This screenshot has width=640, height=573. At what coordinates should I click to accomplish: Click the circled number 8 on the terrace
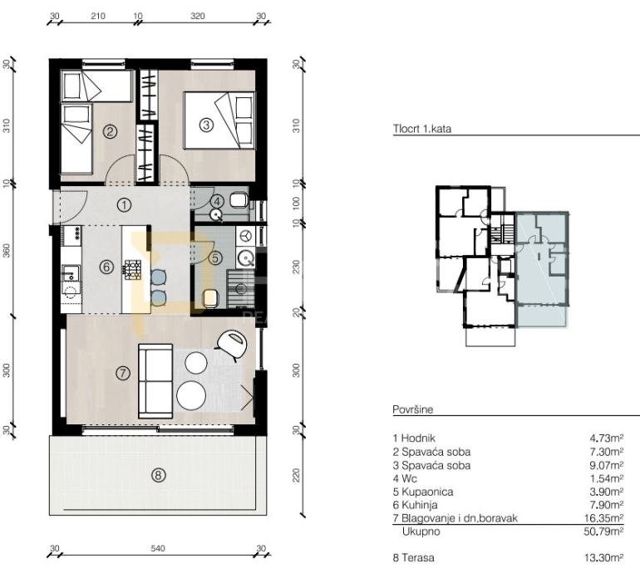[x=159, y=475]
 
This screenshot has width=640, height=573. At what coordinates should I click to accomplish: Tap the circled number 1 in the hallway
[x=124, y=205]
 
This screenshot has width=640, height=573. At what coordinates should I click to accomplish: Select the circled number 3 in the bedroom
[x=206, y=125]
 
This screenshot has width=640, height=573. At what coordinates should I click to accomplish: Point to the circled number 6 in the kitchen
[x=106, y=267]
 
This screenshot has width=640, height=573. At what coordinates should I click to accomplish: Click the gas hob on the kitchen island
[x=133, y=270]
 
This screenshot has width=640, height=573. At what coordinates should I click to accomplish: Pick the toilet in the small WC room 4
[x=239, y=200]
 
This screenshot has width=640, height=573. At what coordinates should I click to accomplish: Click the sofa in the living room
[x=155, y=381]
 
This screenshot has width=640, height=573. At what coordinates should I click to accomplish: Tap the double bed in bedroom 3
[x=219, y=120]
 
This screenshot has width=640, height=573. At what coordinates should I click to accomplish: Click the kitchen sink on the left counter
[x=70, y=272]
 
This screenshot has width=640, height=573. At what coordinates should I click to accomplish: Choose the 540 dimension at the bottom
[x=158, y=549]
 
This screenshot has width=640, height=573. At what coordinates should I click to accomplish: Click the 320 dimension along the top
[x=198, y=16]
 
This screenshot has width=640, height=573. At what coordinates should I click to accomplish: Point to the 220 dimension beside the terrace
[x=297, y=475]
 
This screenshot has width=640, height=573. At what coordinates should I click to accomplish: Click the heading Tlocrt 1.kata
[x=422, y=129]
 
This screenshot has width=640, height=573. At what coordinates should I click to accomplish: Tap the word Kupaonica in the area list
[x=427, y=492]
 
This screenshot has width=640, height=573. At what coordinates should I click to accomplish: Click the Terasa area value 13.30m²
[x=603, y=557]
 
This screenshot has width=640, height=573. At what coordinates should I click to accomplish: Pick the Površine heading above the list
[x=412, y=409]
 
